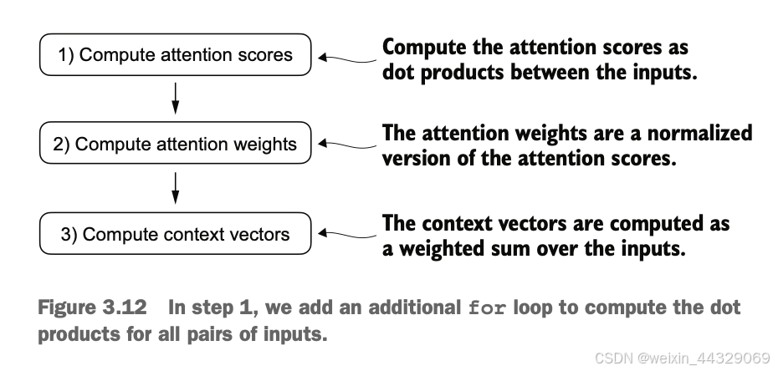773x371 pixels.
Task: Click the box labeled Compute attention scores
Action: click(175, 54)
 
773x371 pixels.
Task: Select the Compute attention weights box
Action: click(175, 144)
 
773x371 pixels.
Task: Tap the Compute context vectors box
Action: click(175, 233)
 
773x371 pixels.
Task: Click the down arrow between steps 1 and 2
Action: click(175, 99)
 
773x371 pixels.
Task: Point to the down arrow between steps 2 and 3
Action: click(175, 188)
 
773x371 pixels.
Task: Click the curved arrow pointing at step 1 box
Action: click(347, 59)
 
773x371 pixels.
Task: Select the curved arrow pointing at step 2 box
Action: click(347, 145)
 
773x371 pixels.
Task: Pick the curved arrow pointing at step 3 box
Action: click(347, 235)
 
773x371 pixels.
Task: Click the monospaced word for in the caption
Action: click(487, 308)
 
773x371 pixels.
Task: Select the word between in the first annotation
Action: click(545, 73)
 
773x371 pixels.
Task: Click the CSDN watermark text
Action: click(683, 358)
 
